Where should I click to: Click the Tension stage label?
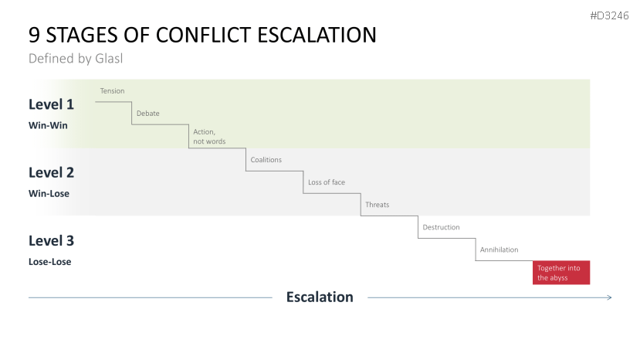point(112,91)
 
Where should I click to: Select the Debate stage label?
point(147,114)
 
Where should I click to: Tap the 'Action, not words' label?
point(204,137)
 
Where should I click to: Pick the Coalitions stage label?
point(266,160)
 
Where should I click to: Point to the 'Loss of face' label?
point(326,182)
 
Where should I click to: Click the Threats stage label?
point(377,205)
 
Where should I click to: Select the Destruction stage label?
point(441,227)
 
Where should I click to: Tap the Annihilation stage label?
point(499,250)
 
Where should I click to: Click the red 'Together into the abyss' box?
point(561,273)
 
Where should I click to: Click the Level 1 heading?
point(51,104)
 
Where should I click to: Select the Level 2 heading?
point(51,172)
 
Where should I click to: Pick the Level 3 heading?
point(51,240)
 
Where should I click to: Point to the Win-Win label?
point(49,125)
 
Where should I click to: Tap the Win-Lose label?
point(49,193)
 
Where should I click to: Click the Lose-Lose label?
point(49,261)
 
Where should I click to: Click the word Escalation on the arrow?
point(320,297)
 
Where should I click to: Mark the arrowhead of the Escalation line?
point(609,297)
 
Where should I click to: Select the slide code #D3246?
point(611,16)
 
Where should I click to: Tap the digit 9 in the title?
point(35,35)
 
